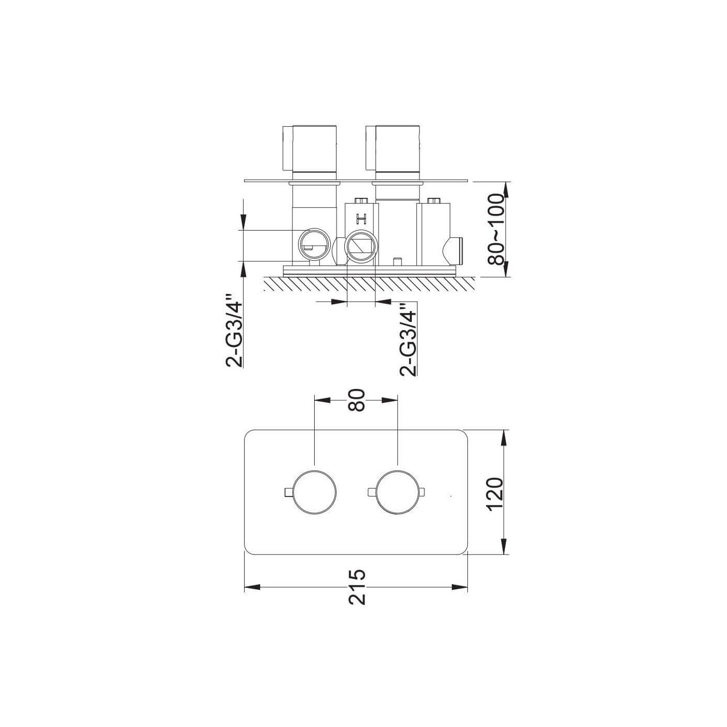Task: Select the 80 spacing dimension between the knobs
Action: coord(356,400)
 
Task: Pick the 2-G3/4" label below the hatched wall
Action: coord(408,339)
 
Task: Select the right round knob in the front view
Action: coord(398,492)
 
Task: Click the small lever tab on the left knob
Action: coord(288,492)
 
